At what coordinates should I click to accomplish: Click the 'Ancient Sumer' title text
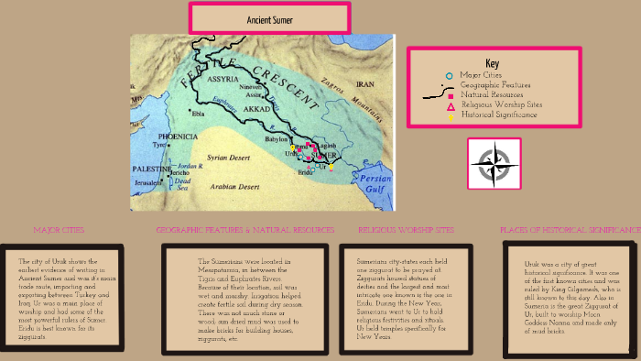pos(269,19)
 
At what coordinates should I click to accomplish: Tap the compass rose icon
pos(494,164)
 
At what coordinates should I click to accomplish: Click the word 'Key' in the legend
pos(493,62)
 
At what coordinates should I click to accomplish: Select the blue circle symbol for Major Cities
pos(449,75)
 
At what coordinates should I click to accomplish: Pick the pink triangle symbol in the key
pos(449,105)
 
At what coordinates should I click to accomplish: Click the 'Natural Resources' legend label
pos(493,94)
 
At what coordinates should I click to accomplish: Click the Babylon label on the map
pos(277,139)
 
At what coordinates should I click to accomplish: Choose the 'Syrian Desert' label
pos(229,158)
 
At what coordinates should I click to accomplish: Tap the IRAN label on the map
pos(380,82)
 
